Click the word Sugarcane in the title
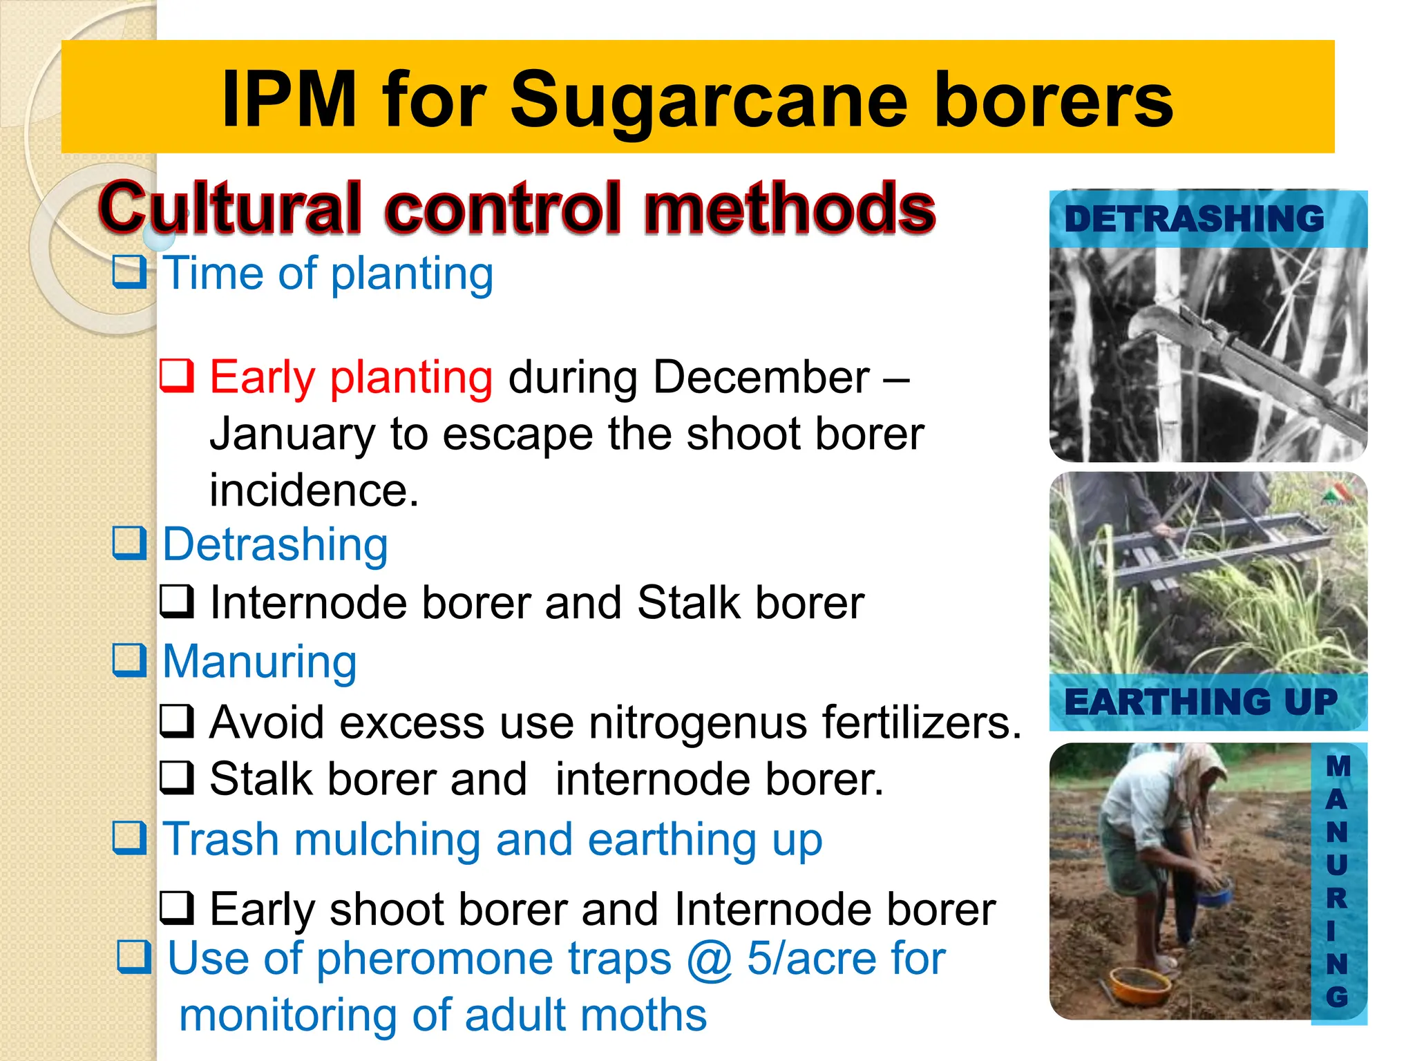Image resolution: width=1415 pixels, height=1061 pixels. point(709,102)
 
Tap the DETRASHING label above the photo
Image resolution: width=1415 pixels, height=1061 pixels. point(1194,220)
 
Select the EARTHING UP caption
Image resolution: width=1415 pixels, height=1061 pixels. point(1201,702)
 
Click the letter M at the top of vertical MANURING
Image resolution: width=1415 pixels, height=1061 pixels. point(1338,765)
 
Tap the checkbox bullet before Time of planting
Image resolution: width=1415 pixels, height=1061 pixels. point(129,271)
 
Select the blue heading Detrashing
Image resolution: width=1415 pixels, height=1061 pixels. point(275,544)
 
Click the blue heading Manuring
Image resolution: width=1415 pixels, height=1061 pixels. point(259,661)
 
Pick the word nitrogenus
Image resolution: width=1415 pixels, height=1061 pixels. point(698,723)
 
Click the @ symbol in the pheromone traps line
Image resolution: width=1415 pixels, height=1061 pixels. point(709,959)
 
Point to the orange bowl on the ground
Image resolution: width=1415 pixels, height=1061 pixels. point(1139,983)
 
